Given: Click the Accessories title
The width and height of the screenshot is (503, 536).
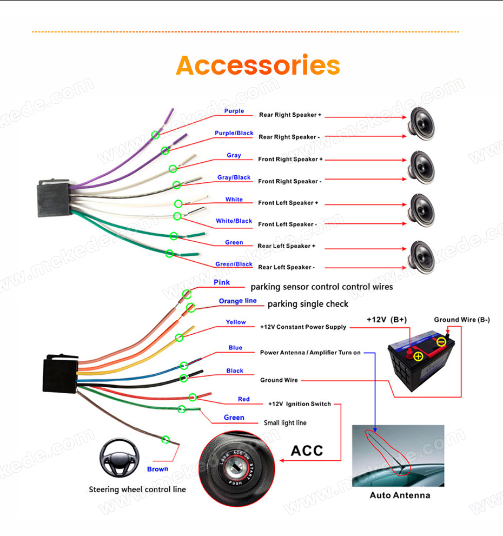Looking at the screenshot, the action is tap(258, 65).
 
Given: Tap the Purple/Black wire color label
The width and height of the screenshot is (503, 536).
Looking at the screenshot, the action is tap(234, 133).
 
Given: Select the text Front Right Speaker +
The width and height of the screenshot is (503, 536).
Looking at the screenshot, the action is tap(290, 160).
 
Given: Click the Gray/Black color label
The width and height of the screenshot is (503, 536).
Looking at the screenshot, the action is tap(234, 177).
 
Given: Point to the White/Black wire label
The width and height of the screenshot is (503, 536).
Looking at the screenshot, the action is tap(234, 221).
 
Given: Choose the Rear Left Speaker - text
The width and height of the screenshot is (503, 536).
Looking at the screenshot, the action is tap(287, 267).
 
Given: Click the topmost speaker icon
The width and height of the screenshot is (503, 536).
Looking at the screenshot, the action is tap(421, 124).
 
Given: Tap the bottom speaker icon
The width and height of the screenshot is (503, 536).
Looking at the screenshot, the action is tap(421, 257).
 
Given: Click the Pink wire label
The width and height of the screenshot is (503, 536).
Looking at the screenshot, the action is tap(222, 282).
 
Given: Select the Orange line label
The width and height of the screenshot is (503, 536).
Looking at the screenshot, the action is tap(237, 301).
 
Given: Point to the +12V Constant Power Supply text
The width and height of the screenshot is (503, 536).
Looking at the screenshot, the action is tap(303, 327).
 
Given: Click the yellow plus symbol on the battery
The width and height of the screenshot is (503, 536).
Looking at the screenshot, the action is tap(418, 357).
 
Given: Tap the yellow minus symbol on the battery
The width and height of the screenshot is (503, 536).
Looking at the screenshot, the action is tap(442, 342).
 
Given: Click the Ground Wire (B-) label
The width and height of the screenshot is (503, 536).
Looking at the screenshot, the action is tap(462, 320).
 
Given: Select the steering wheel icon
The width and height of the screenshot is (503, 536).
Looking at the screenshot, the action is tap(120, 458).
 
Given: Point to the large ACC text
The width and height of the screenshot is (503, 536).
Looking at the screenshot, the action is tap(307, 451).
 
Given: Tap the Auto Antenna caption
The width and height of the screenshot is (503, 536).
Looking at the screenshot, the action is tap(400, 495).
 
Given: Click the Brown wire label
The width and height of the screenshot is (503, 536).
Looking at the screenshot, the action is tap(157, 469).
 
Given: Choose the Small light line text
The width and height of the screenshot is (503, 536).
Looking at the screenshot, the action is tap(285, 423).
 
